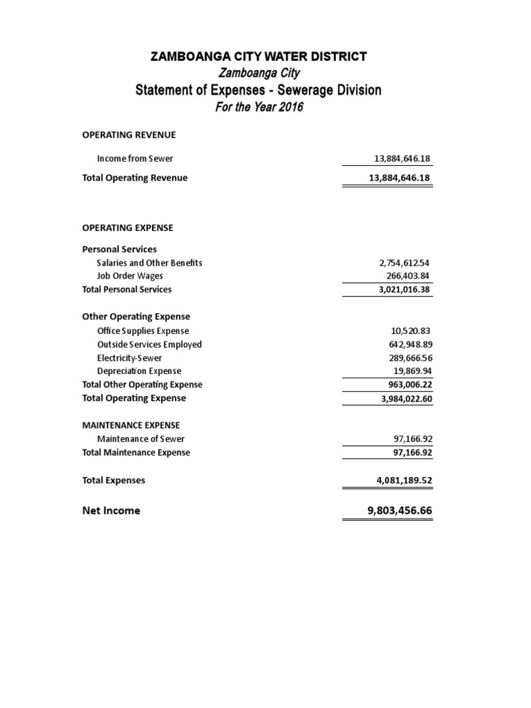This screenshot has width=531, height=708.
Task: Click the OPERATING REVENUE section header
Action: point(129,135)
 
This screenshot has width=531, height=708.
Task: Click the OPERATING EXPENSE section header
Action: point(128,227)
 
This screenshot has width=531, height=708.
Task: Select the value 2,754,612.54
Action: point(404,263)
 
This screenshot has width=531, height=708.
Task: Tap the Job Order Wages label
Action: point(130,276)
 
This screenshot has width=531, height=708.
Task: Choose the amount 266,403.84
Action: point(408,276)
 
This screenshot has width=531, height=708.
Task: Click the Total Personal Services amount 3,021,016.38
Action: point(404,289)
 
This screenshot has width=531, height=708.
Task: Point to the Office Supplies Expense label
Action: point(143,331)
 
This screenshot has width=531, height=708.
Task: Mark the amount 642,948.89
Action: point(408,344)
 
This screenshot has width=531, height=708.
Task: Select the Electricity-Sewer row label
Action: point(131,358)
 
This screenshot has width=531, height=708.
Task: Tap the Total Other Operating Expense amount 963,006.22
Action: point(408,384)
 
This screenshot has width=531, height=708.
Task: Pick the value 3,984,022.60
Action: point(404,398)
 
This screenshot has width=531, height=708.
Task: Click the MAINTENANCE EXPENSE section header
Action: point(131,425)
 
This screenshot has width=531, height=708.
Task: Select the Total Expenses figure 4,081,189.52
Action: point(402,480)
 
